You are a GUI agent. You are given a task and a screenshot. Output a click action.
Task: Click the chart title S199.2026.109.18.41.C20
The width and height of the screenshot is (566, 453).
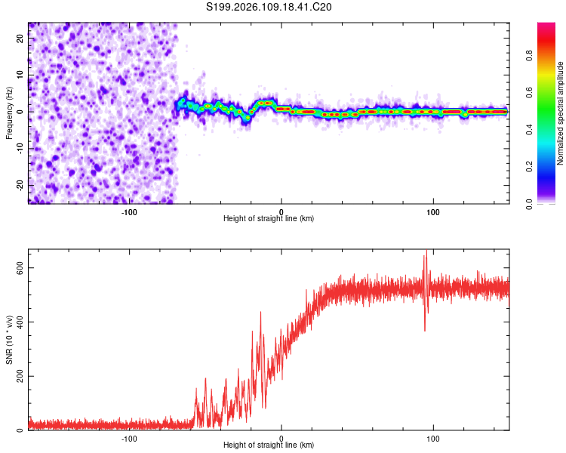tap(269, 7)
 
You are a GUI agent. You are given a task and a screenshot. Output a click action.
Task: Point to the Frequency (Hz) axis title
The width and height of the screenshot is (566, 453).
tap(9, 112)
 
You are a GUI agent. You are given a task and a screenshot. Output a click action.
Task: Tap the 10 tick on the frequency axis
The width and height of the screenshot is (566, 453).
tap(21, 75)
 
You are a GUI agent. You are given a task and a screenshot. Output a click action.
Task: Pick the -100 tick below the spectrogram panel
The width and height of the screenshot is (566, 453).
tap(129, 211)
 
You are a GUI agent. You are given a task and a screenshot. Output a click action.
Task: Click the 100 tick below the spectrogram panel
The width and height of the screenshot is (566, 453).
tap(433, 211)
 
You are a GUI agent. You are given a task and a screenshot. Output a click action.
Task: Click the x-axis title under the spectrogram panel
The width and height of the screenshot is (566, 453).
tap(269, 219)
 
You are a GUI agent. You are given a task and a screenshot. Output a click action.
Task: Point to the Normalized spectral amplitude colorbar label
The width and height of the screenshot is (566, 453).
tap(561, 113)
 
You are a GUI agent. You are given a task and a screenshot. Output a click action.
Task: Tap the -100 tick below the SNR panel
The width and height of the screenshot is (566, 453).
tap(129, 438)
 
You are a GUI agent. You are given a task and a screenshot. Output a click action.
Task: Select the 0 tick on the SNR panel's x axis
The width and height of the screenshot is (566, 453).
tap(281, 438)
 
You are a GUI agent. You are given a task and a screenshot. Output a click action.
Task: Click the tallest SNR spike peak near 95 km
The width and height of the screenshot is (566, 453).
tap(426, 251)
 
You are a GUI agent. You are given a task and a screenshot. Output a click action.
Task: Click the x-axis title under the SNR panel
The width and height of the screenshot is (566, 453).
tap(269, 445)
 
